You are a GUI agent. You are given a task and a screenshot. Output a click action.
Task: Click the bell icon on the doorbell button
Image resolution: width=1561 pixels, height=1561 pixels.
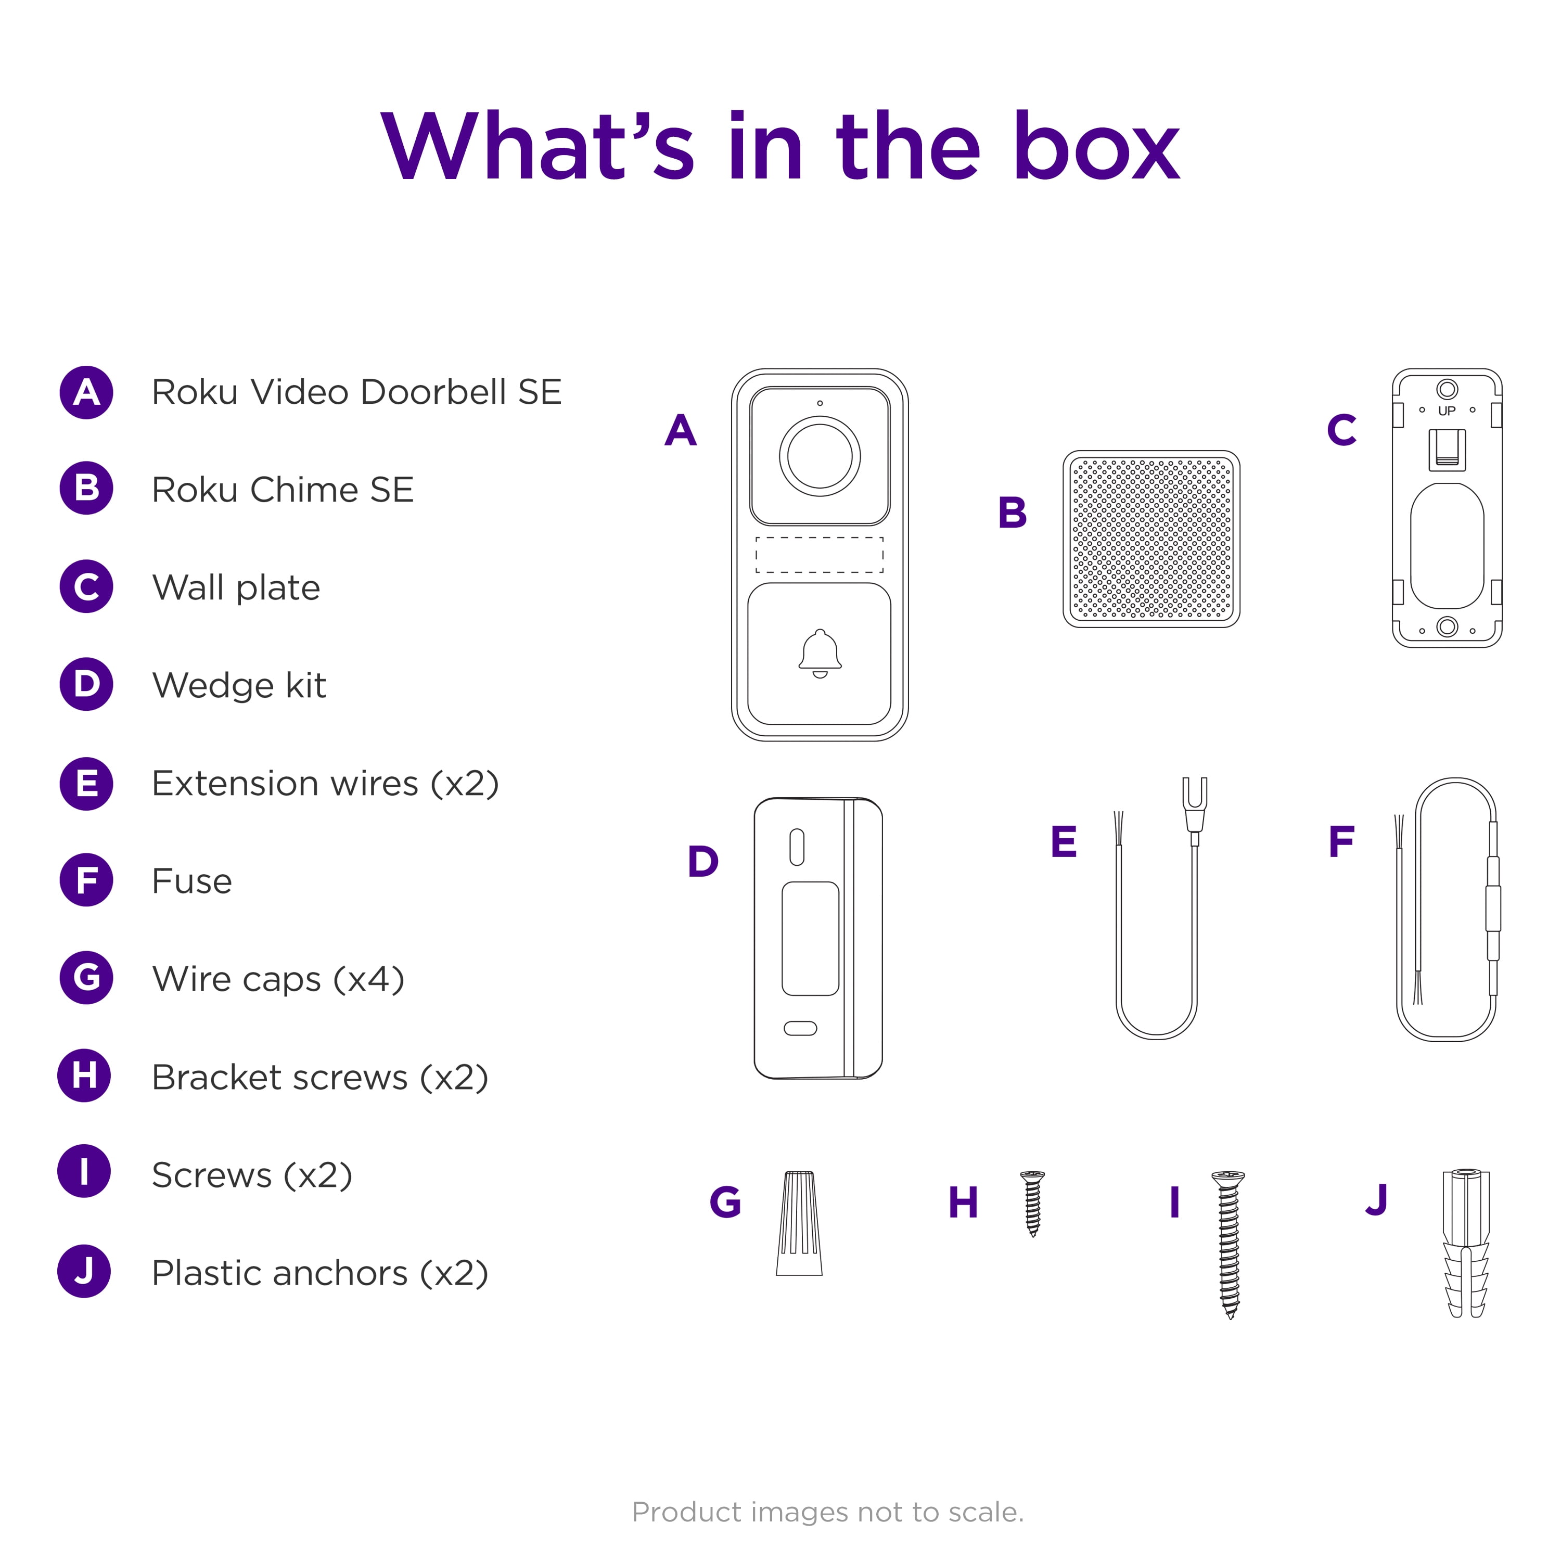pos(820,653)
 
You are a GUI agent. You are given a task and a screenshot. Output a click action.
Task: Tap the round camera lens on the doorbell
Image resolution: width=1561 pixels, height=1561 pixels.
pos(820,456)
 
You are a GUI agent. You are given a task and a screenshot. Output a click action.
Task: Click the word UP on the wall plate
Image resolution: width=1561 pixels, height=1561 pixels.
pos(1447,411)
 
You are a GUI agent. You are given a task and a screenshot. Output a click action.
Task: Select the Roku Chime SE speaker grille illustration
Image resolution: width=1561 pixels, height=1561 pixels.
pos(1151,539)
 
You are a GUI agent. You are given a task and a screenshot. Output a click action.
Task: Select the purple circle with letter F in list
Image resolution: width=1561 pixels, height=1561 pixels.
pos(86,880)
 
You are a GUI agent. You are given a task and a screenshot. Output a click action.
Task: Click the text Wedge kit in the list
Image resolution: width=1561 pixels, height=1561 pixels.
pos(239,685)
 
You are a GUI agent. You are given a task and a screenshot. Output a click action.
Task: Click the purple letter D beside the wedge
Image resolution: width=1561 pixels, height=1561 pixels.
pos(703,861)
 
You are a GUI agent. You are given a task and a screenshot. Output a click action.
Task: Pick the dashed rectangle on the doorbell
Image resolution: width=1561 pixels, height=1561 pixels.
pos(820,555)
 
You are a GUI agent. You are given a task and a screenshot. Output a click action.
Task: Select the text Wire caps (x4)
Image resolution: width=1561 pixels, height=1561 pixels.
pos(278,978)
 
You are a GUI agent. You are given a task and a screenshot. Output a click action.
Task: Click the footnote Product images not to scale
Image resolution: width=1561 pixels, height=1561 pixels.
pos(827,1512)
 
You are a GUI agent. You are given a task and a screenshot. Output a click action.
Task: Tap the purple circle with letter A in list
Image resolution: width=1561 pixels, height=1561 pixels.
pos(86,393)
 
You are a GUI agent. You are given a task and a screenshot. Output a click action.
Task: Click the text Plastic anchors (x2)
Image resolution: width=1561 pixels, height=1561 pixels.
pos(320,1273)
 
